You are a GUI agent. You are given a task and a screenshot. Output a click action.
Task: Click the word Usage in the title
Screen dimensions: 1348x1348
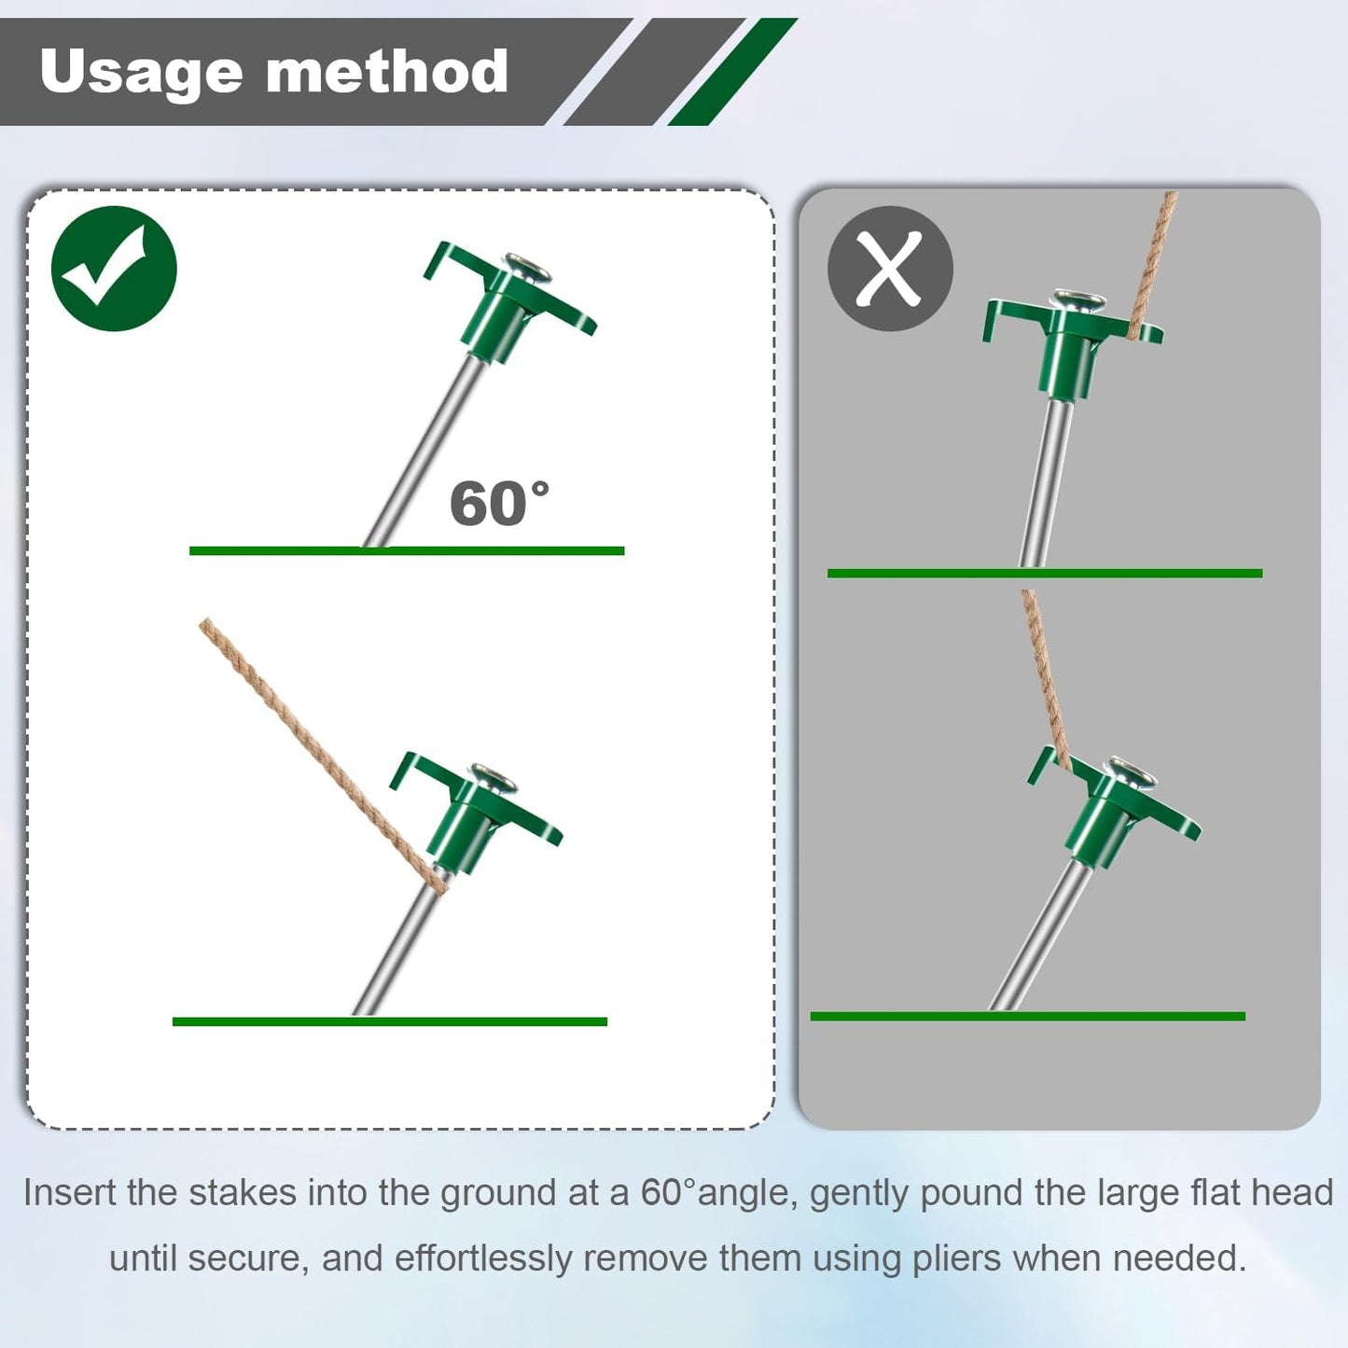pos(140,73)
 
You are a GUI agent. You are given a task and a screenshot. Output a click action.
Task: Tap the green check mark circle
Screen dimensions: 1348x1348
pos(114,269)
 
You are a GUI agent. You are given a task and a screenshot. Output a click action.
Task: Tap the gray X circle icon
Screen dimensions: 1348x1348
pos(890,269)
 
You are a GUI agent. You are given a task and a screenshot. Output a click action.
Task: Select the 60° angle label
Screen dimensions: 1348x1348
pos(499,505)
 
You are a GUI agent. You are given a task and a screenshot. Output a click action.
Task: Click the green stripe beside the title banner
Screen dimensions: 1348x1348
pos(732,73)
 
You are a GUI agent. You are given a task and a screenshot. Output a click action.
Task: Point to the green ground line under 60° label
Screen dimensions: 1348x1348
pos(406,551)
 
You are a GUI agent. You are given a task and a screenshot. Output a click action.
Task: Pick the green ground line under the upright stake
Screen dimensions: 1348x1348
pos(1045,574)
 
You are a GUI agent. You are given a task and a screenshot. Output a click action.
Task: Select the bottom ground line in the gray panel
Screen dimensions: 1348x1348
pos(1026,1016)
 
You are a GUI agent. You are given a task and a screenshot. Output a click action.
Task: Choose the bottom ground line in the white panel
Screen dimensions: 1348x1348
pos(389,1021)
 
